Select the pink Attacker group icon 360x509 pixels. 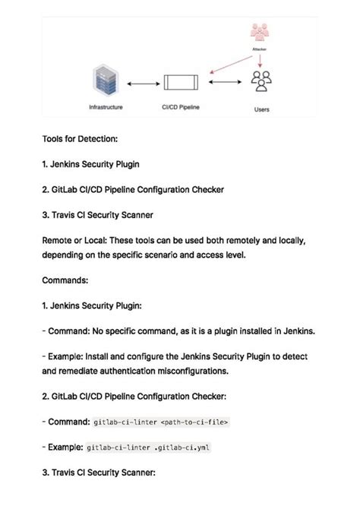(x=261, y=33)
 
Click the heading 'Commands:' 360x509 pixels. (x=65, y=280)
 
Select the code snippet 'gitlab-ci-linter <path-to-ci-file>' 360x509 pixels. (x=160, y=421)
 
